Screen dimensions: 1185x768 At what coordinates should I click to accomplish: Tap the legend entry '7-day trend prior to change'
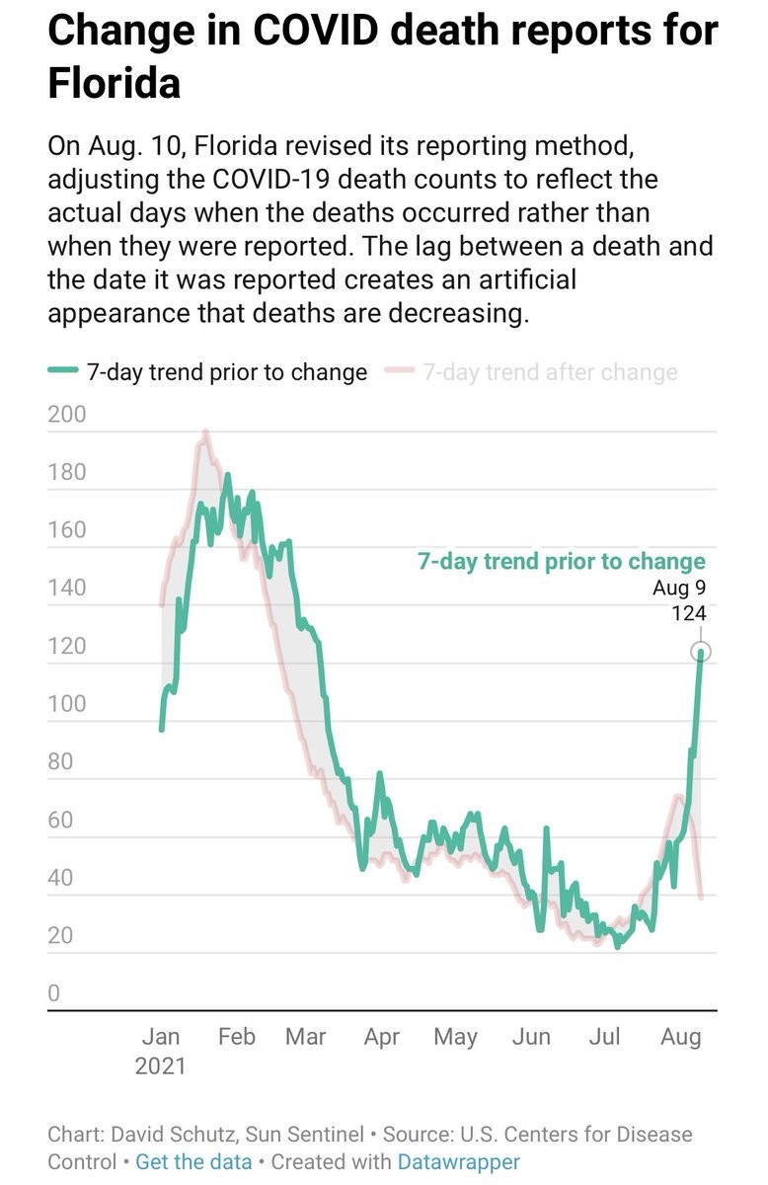[x=226, y=372]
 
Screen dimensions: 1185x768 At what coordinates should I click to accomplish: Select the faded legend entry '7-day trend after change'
[x=550, y=372]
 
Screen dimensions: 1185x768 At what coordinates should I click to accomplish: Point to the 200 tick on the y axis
[x=67, y=414]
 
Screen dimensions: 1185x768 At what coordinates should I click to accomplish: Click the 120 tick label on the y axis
[x=67, y=646]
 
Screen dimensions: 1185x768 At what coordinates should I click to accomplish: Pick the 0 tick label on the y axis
[x=55, y=993]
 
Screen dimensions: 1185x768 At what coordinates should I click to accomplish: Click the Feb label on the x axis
[x=236, y=1036]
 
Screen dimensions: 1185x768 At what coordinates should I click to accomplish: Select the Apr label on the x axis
[x=381, y=1036]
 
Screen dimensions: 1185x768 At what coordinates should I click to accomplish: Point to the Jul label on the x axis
[x=604, y=1036]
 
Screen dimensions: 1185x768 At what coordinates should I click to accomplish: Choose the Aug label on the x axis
[x=680, y=1036]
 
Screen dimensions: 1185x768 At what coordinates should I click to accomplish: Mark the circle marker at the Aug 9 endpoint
[x=702, y=653]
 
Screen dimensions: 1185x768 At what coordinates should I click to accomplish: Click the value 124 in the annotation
[x=688, y=613]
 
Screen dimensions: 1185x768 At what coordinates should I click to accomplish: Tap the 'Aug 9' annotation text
[x=679, y=589]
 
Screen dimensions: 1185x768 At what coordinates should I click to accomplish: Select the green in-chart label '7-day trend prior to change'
[x=562, y=562]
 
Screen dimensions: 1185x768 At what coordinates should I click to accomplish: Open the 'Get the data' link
[x=193, y=1161]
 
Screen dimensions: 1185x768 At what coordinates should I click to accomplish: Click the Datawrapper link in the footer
[x=458, y=1161]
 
